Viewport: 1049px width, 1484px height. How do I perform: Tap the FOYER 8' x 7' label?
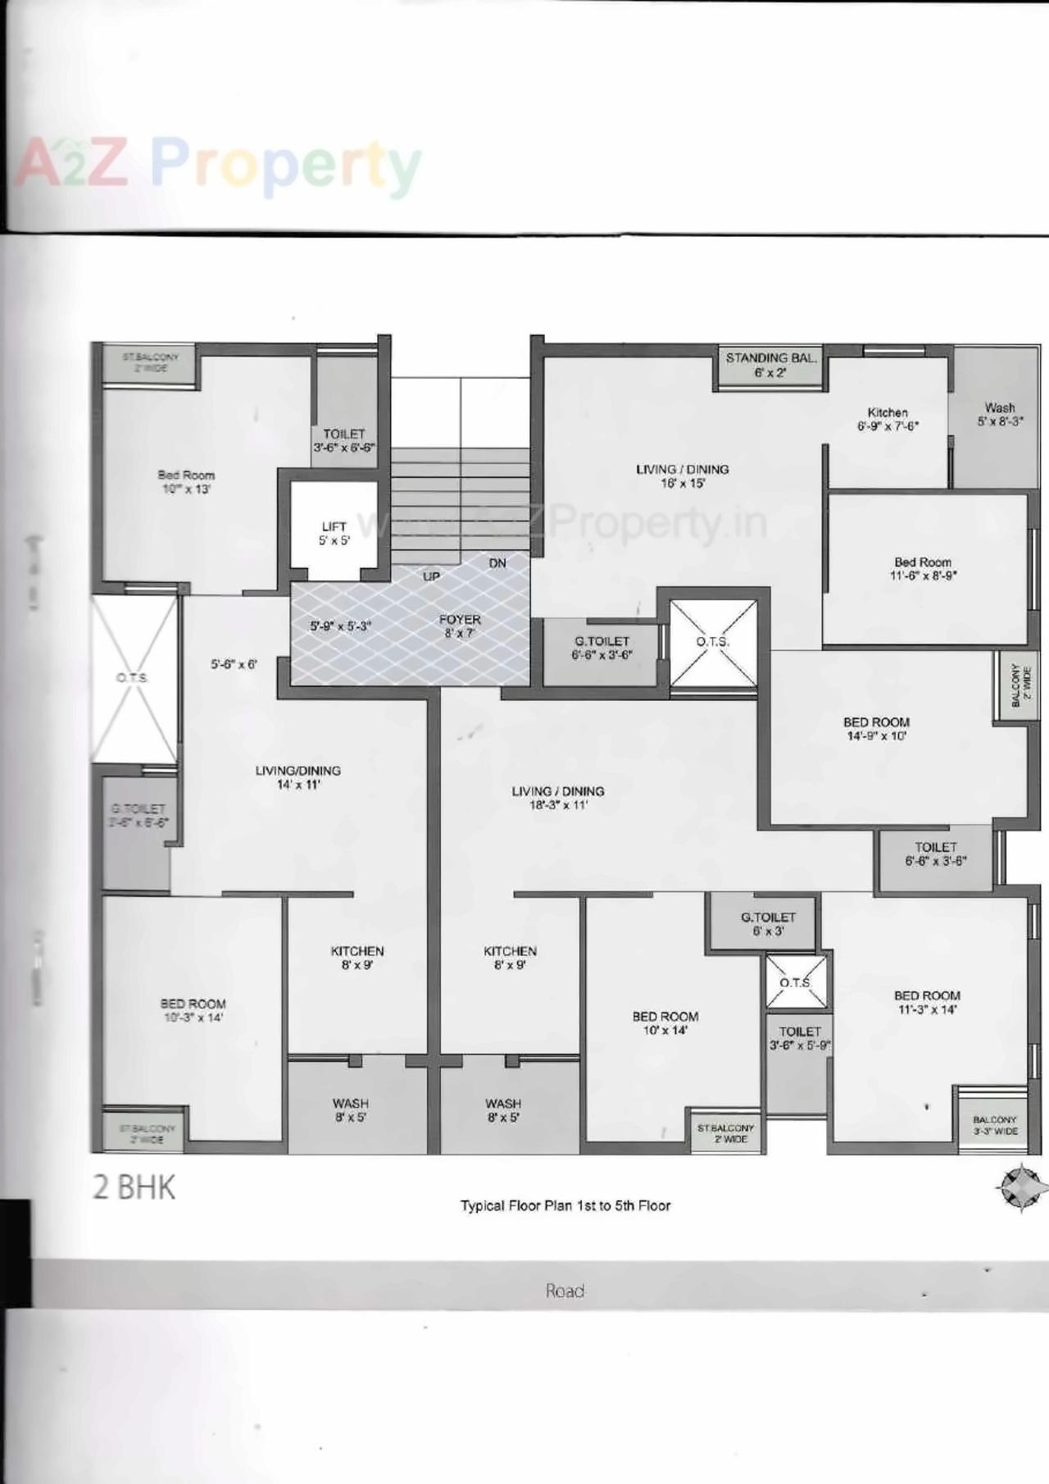[x=460, y=626]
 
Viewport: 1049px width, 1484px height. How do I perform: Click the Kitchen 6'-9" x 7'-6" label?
[x=888, y=419]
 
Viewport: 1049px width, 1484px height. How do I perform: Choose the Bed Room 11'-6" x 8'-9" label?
[x=923, y=568]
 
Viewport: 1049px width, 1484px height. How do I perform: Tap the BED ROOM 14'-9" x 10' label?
[x=876, y=729]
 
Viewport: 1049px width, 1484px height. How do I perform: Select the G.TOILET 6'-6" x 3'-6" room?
[x=602, y=648]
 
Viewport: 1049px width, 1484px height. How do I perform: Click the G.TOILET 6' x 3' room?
[x=768, y=924]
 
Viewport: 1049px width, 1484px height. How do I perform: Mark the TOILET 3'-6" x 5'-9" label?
[x=800, y=1038]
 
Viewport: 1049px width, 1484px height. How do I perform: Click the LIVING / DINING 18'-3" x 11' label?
[x=558, y=798]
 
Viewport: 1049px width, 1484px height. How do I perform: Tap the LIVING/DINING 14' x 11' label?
[x=297, y=777]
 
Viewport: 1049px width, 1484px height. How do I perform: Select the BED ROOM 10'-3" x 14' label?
[x=193, y=1010]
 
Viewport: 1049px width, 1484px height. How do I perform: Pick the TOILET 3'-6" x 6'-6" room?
[x=344, y=440]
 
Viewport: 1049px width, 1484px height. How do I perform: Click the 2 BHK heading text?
[x=134, y=1188]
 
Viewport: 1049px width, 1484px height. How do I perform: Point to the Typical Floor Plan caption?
[x=565, y=1206]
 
